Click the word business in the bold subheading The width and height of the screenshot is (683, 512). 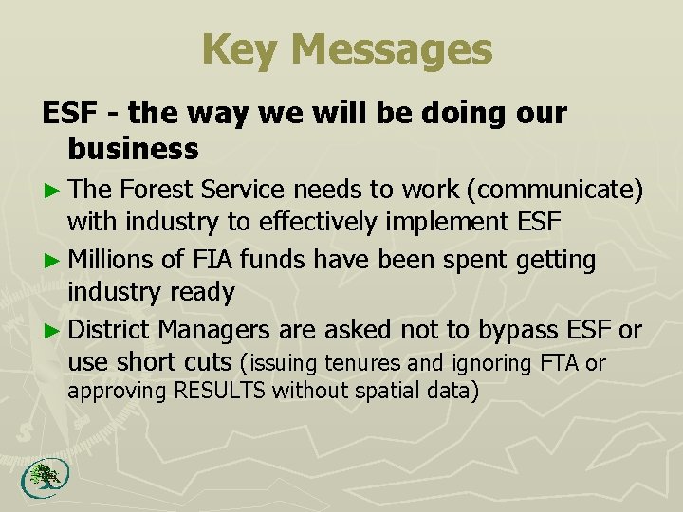pyautogui.click(x=133, y=148)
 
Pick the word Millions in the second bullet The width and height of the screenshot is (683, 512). pyautogui.click(x=113, y=259)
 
